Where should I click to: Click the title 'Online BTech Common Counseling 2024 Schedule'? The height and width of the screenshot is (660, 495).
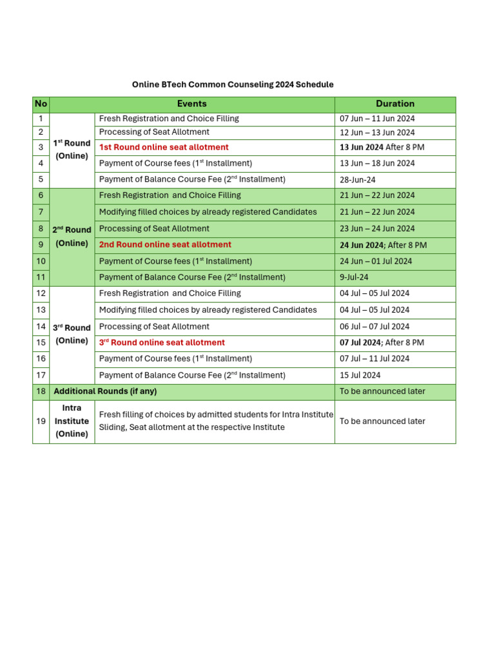pyautogui.click(x=233, y=84)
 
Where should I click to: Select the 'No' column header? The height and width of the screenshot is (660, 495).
pyautogui.click(x=41, y=104)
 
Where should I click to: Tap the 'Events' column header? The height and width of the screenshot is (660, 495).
pyautogui.click(x=192, y=104)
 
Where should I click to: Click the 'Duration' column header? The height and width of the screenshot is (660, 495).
pyautogui.click(x=395, y=104)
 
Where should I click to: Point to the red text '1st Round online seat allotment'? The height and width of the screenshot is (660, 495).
pyautogui.click(x=164, y=148)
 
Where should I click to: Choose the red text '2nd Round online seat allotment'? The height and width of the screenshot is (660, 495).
pyautogui.click(x=165, y=245)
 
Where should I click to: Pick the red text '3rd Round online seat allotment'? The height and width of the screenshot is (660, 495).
pyautogui.click(x=162, y=343)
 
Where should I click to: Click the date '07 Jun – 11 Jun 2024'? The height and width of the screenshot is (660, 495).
pyautogui.click(x=377, y=119)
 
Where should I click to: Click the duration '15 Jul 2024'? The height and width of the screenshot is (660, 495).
pyautogui.click(x=360, y=375)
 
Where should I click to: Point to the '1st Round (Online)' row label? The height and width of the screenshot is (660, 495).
pyautogui.click(x=72, y=150)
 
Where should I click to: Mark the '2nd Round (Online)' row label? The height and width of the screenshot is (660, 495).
pyautogui.click(x=72, y=237)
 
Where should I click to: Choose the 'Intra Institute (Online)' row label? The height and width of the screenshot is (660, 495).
pyautogui.click(x=72, y=421)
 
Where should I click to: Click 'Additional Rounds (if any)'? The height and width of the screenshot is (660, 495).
pyautogui.click(x=105, y=391)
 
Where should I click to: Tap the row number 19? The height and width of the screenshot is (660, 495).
pyautogui.click(x=41, y=421)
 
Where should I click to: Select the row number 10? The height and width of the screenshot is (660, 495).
pyautogui.click(x=41, y=261)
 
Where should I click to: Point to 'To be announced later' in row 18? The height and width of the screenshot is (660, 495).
pyautogui.click(x=382, y=391)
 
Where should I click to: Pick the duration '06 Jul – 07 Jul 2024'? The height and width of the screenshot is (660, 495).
pyautogui.click(x=374, y=327)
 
